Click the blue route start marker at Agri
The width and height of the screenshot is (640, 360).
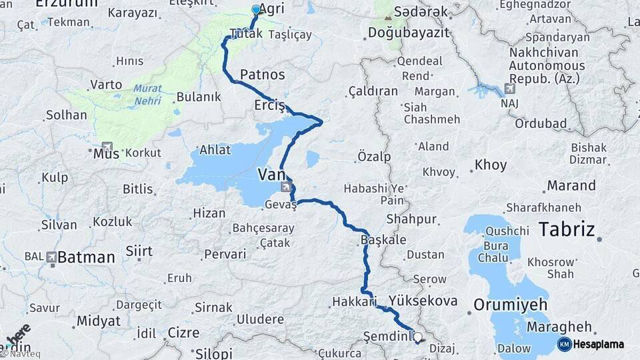(256, 10)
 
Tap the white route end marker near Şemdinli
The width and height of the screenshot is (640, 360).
(418, 337)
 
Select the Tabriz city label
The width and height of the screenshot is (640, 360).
(566, 230)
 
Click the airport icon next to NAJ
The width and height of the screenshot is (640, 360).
(511, 89)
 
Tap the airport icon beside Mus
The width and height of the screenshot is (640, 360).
(107, 146)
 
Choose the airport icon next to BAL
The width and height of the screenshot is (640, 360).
(52, 256)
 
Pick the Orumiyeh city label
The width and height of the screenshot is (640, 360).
(511, 305)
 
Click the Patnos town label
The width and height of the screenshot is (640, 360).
(262, 74)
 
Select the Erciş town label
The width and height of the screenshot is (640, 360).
(269, 106)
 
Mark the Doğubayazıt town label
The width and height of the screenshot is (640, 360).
(404, 32)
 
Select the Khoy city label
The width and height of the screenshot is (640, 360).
(491, 165)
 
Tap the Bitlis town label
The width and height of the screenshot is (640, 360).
(138, 189)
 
